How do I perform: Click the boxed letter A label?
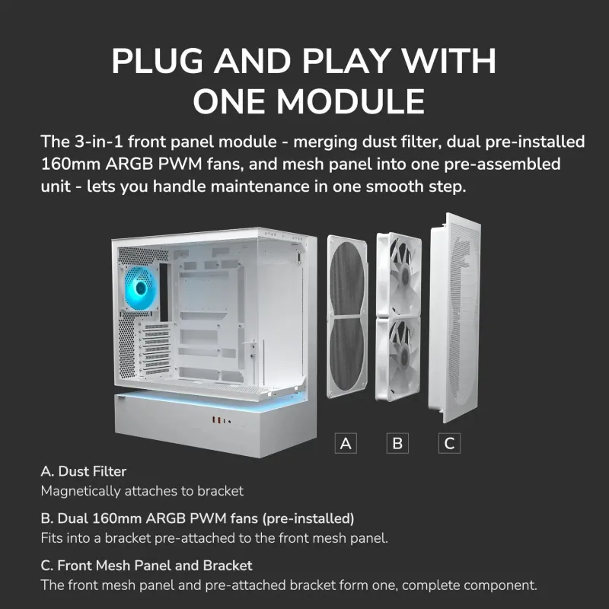(346, 443)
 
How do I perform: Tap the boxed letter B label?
(397, 443)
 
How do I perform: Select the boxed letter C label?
(449, 443)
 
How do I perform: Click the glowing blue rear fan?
(140, 288)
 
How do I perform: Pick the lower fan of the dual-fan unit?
(398, 358)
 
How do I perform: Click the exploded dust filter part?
(347, 317)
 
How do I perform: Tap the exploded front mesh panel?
(454, 317)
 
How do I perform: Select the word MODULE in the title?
(350, 101)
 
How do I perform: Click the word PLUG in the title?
(158, 61)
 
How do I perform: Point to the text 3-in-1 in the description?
(99, 142)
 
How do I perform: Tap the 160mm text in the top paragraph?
(71, 164)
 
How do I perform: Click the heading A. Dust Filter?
(84, 471)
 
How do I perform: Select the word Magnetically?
(81, 491)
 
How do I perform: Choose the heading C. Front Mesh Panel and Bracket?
(146, 566)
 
